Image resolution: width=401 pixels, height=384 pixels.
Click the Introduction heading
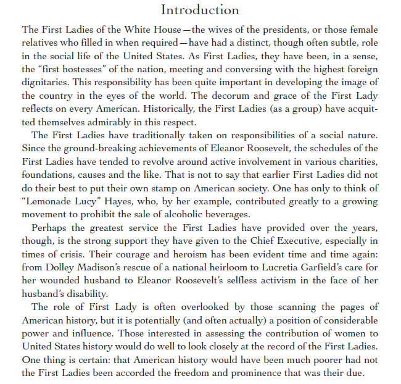coord(200,10)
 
